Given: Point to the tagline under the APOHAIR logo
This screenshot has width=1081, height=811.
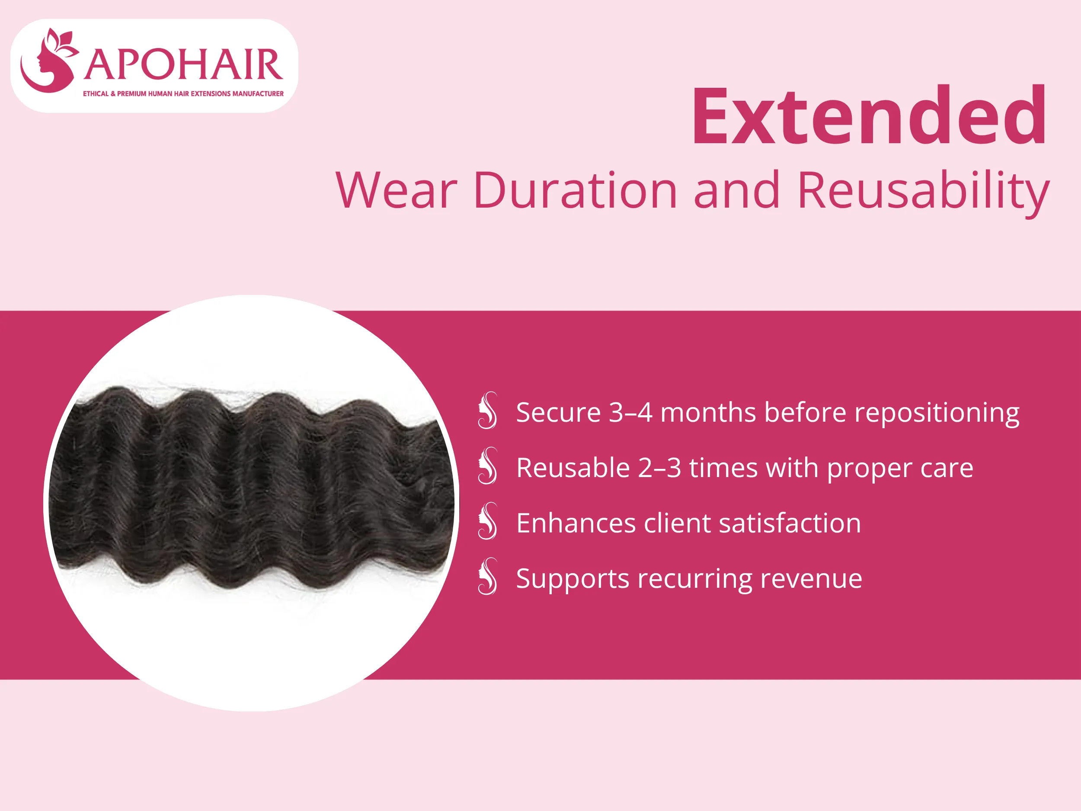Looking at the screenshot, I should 183,93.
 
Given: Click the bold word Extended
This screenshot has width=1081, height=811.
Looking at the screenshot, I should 869,116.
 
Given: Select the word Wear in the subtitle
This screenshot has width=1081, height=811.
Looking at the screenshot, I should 396,190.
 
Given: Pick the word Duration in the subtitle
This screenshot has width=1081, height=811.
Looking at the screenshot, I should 575,190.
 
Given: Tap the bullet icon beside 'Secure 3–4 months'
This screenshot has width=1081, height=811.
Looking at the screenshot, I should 488,410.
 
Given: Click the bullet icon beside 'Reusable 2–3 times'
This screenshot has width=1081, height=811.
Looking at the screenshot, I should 488,466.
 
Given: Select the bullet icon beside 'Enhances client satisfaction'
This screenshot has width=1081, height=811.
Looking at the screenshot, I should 488,521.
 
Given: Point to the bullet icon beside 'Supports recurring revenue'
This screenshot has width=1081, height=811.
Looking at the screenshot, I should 488,577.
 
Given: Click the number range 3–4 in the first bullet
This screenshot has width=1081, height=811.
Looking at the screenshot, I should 630,412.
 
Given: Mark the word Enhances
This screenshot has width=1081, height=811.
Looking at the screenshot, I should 576,523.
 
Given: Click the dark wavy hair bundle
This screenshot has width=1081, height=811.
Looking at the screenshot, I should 249,489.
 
